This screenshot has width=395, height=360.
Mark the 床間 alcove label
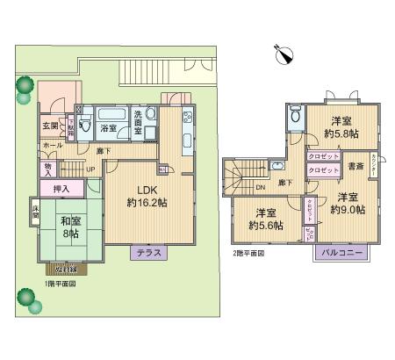(36, 213)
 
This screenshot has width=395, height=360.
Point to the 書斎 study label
(355, 166)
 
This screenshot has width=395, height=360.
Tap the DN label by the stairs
(261, 187)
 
